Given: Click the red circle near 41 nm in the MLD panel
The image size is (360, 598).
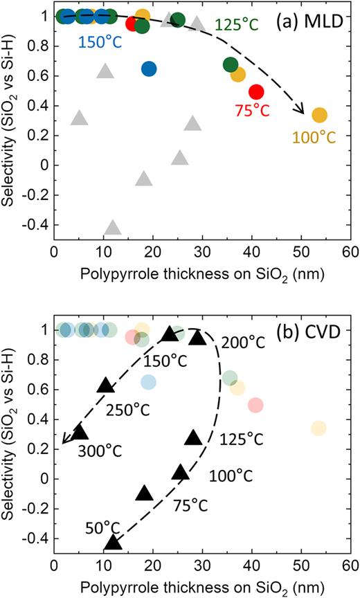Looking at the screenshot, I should click(256, 91).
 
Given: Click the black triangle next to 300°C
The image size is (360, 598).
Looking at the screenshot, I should click(80, 433).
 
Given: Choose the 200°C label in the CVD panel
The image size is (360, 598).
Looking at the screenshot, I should click(244, 342).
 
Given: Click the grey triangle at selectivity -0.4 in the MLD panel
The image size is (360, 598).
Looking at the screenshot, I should click(113, 228).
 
